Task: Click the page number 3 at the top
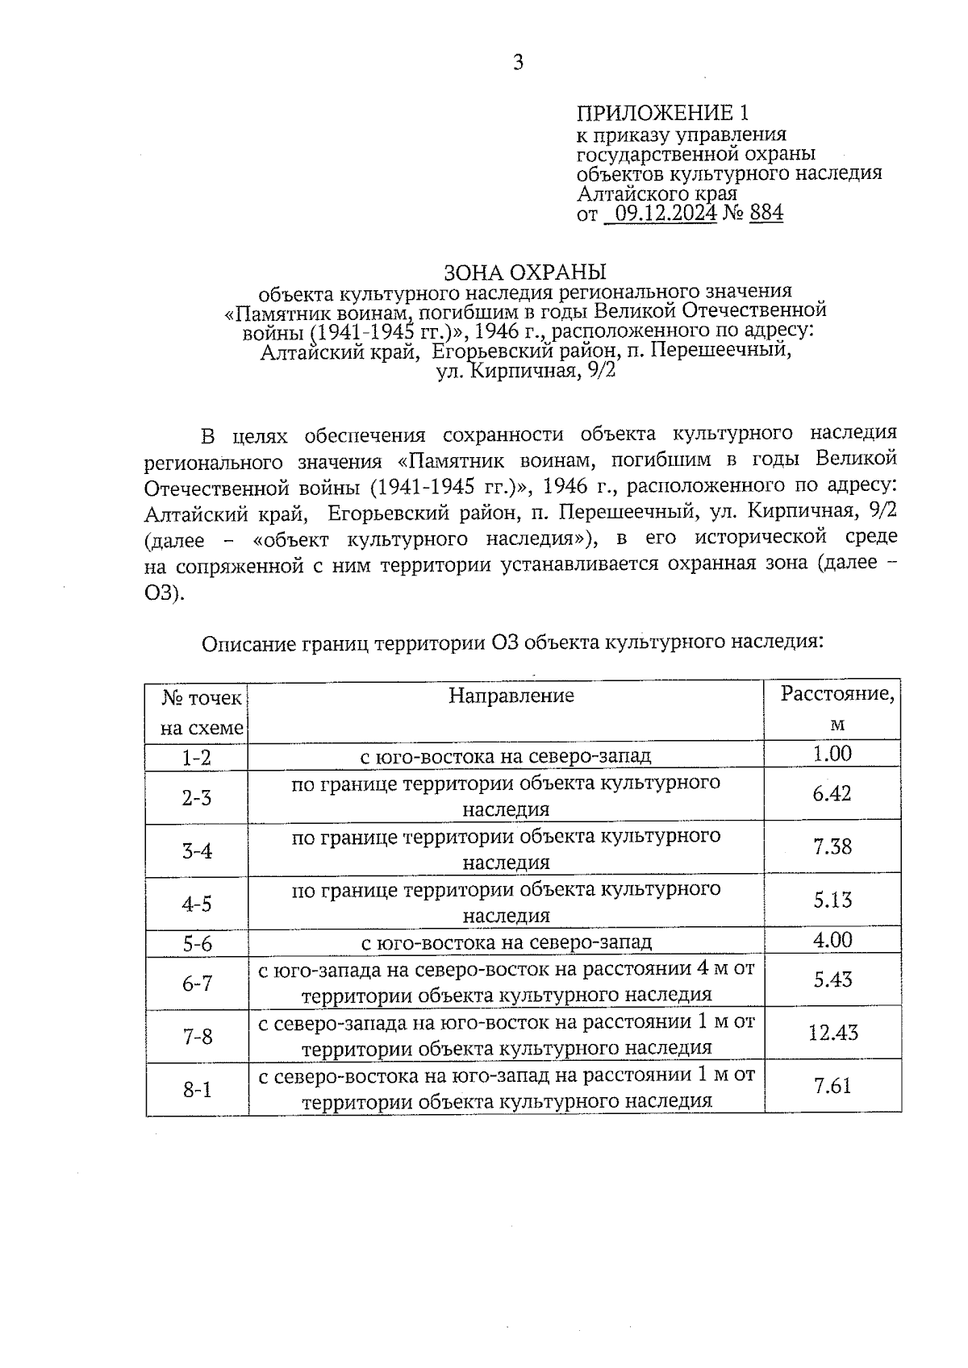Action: coord(518,63)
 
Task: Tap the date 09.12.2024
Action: coord(665,214)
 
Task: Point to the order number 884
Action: coord(766,214)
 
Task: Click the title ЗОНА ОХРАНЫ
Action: coord(524,272)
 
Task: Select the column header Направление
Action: coord(511,696)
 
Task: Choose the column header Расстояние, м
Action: coord(837,709)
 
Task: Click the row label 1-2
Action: coord(196,758)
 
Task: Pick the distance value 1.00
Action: coord(833,754)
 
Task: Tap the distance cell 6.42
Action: coord(832,794)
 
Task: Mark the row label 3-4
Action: coord(196,850)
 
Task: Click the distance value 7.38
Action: coord(832,847)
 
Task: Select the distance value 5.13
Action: coord(832,900)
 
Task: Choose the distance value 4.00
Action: coord(833,940)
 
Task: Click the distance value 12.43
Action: coord(833,1033)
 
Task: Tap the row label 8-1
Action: coord(197,1090)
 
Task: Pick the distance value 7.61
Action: coord(832,1086)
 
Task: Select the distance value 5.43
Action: coord(832,979)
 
